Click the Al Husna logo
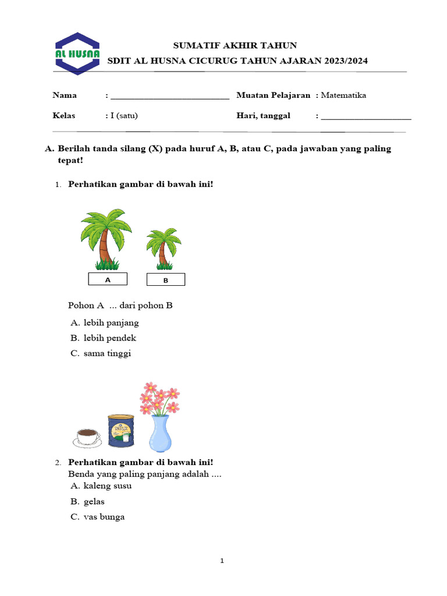point(77,53)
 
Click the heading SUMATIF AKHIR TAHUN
point(236,45)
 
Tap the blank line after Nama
point(169,96)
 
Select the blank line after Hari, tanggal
point(366,116)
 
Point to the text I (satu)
point(124,115)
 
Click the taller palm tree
point(105,239)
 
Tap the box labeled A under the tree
point(107,279)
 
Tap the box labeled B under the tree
point(165,280)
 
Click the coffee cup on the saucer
point(87,437)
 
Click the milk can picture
point(121,432)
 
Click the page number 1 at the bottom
point(222,561)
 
